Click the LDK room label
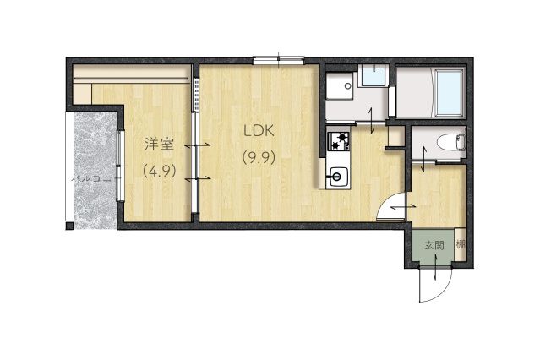click(x=259, y=131)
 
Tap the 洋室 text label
click(x=159, y=144)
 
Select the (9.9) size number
click(x=259, y=158)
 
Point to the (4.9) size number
click(x=160, y=170)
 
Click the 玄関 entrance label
click(x=434, y=246)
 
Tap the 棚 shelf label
click(x=461, y=244)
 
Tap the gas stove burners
click(x=338, y=141)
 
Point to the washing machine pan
click(x=340, y=85)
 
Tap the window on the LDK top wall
click(x=279, y=60)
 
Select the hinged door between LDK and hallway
click(x=391, y=206)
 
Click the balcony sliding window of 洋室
click(x=119, y=166)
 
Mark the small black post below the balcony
click(x=69, y=226)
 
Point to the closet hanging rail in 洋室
click(x=131, y=79)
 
